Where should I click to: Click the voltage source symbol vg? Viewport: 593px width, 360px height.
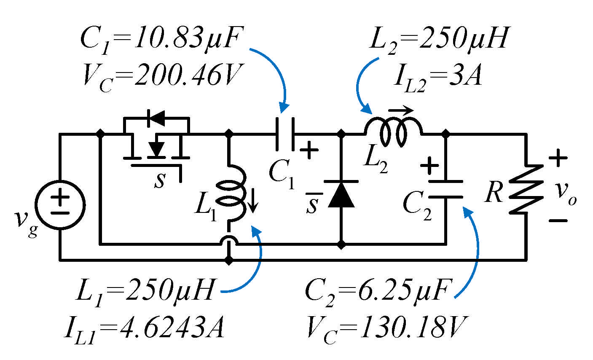pyautogui.click(x=60, y=205)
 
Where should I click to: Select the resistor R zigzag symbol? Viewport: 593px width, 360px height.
pyautogui.click(x=526, y=189)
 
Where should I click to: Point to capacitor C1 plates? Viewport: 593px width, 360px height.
pyautogui.click(x=285, y=134)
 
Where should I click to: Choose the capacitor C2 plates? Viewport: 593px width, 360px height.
pyautogui.click(x=445, y=189)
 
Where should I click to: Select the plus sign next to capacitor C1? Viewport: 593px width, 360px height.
pyautogui.click(x=310, y=150)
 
